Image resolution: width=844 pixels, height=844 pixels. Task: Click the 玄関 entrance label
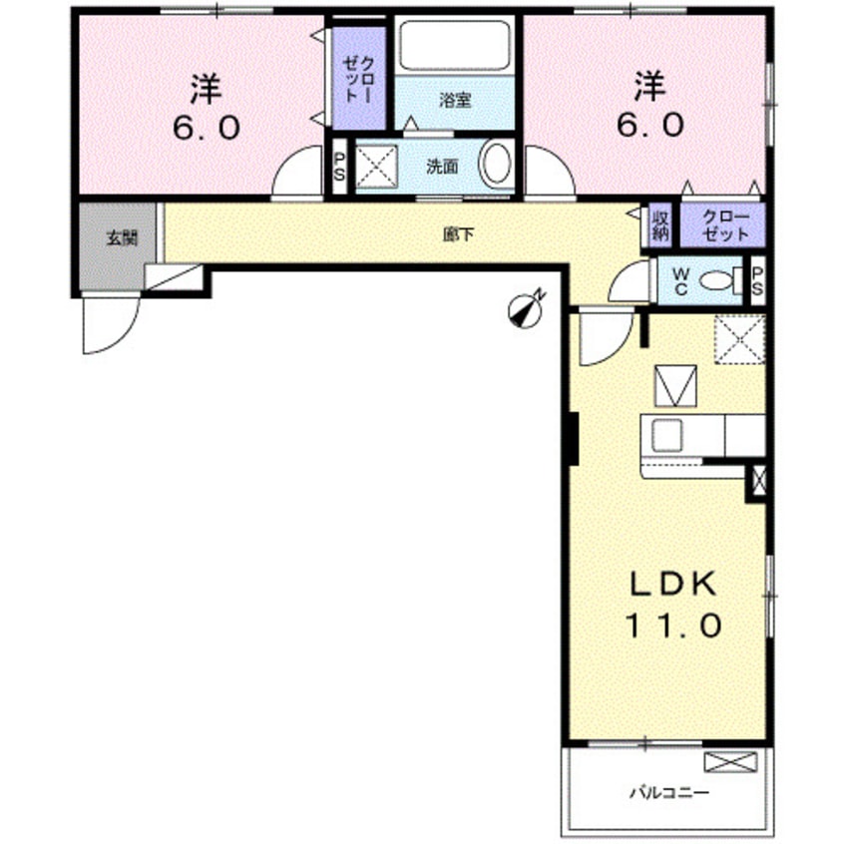tap(117, 239)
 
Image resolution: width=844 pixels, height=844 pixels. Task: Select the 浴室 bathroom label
tap(456, 100)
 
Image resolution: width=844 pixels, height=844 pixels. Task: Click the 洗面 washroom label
tap(443, 167)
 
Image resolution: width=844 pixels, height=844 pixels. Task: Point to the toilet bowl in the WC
tap(716, 282)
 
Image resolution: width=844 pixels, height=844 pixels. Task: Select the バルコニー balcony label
tap(669, 794)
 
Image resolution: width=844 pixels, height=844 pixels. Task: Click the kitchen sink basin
tap(665, 436)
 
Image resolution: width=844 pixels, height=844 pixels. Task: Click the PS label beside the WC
tap(757, 280)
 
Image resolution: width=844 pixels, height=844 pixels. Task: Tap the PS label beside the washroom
tap(338, 167)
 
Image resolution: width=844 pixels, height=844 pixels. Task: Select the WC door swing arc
tap(628, 284)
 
